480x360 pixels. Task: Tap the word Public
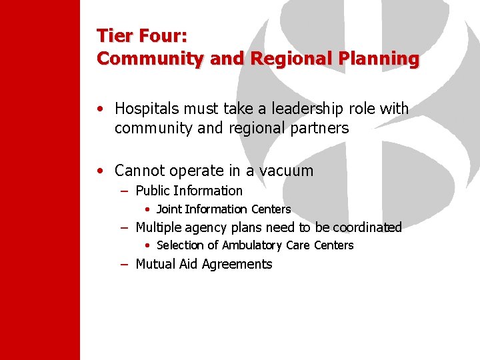[153, 191]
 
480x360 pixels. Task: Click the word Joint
[169, 209]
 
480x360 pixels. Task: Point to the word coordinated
[369, 227]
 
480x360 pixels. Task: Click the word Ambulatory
[253, 245]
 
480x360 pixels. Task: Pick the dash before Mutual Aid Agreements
[125, 265]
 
